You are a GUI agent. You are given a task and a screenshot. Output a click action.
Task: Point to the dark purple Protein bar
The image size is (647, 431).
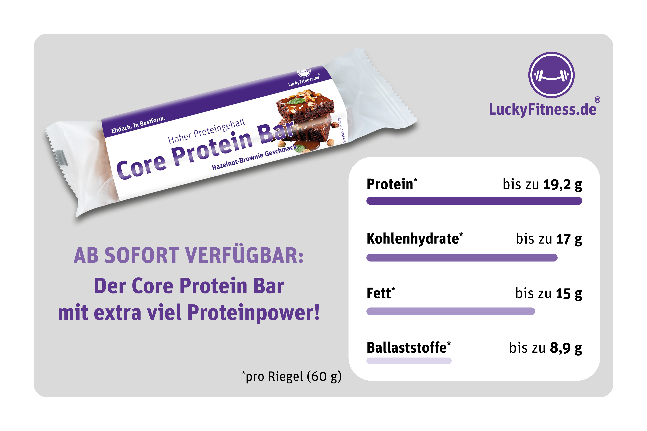pyautogui.click(x=474, y=201)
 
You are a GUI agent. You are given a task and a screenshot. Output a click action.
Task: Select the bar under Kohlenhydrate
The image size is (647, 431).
pyautogui.click(x=462, y=258)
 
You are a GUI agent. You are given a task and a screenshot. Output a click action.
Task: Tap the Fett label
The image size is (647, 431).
pyautogui.click(x=381, y=293)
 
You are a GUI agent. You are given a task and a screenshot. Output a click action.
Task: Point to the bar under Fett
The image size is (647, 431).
pyautogui.click(x=451, y=311)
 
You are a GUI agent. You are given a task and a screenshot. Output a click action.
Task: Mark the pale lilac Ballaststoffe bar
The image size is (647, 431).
pyautogui.click(x=409, y=361)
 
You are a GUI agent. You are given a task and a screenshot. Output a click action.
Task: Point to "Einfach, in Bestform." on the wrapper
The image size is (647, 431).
pyautogui.click(x=138, y=125)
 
